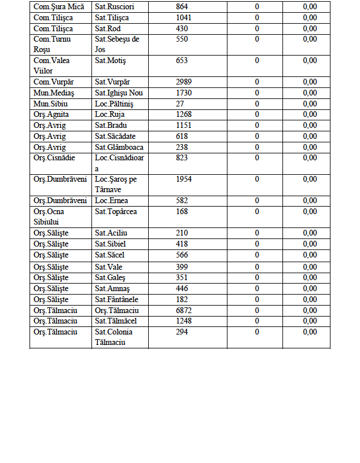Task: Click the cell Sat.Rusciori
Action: pyautogui.click(x=113, y=6)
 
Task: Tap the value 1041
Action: pyautogui.click(x=183, y=17)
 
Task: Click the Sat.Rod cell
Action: pyautogui.click(x=109, y=28)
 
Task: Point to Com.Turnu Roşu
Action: pyautogui.click(x=51, y=44)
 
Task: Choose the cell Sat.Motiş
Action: pyautogui.click(x=111, y=60)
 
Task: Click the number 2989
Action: pyautogui.click(x=184, y=82)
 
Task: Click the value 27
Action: pyautogui.click(x=180, y=104)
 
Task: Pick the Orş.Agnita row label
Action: pyautogui.click(x=52, y=114)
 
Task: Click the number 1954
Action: pyautogui.click(x=184, y=179)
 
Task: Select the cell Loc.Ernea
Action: pyautogui.click(x=111, y=200)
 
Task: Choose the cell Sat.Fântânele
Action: pyautogui.click(x=117, y=299)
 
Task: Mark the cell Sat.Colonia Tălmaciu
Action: pyautogui.click(x=114, y=337)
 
